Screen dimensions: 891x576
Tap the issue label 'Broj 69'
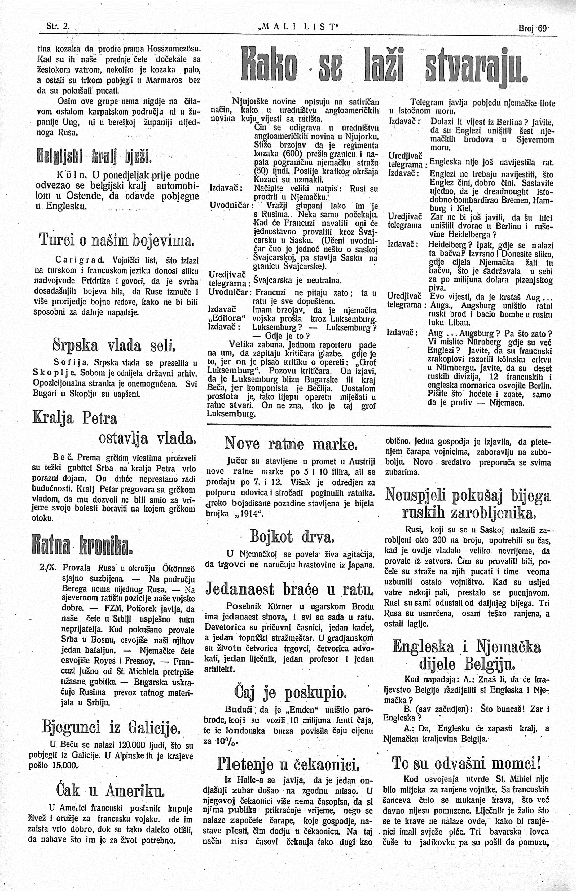(533, 28)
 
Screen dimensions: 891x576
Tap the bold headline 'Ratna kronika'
(82, 545)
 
